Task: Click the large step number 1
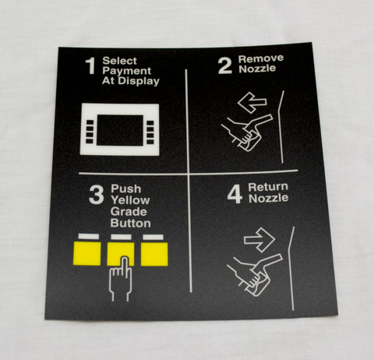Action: [x=90, y=66]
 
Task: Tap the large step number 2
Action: [x=225, y=65]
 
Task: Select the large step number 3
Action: [x=97, y=195]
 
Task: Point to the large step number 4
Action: [x=235, y=194]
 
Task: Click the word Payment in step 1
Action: [x=127, y=71]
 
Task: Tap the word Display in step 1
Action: [x=139, y=81]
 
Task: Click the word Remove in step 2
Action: [x=261, y=58]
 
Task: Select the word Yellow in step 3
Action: [x=130, y=200]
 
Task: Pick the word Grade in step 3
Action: [x=129, y=212]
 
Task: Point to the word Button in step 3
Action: [x=131, y=223]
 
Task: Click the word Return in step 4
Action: [x=268, y=187]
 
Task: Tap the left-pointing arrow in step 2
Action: [x=252, y=102]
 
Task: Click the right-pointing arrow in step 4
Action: [x=259, y=240]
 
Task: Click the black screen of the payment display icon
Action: [x=120, y=130]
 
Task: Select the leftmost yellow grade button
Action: [x=87, y=253]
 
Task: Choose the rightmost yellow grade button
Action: [x=154, y=254]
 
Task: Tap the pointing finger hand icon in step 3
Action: [x=121, y=279]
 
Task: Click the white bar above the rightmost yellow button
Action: [x=153, y=237]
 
